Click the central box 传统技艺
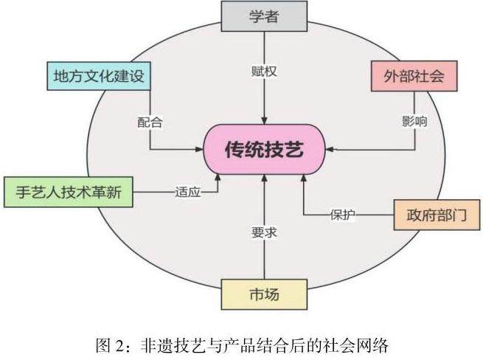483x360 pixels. pos(263,150)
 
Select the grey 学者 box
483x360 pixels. pos(263,16)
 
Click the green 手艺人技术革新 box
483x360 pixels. pos(69,192)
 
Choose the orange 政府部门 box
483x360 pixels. pos(437,215)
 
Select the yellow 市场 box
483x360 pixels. pos(263,294)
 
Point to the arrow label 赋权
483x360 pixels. pos(263,72)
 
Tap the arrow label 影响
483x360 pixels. pos(414,121)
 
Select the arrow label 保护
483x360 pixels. pos(341,215)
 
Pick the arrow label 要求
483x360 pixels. pos(263,232)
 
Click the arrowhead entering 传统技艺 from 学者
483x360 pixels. pos(263,120)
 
